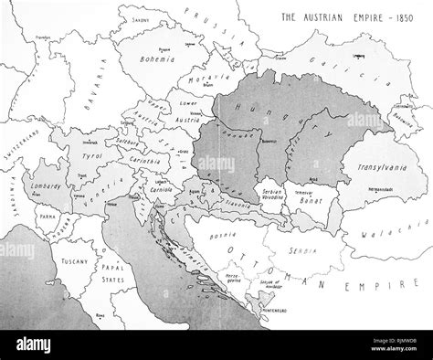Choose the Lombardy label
pyautogui.click(x=50, y=185)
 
